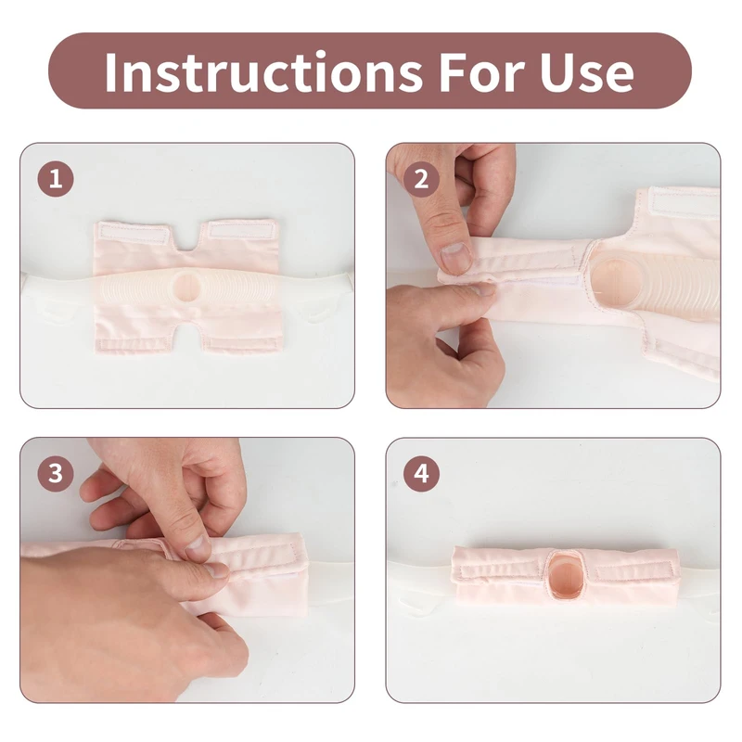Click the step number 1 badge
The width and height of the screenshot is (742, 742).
(x=56, y=179)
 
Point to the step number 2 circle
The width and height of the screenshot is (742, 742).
(x=421, y=179)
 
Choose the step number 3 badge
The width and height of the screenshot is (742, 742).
(x=56, y=474)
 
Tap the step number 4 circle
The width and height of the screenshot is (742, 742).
(x=421, y=474)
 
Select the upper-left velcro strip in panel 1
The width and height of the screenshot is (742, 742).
(x=134, y=235)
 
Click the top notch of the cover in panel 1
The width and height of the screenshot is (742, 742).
(x=189, y=240)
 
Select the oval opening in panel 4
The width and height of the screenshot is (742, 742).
(x=566, y=571)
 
